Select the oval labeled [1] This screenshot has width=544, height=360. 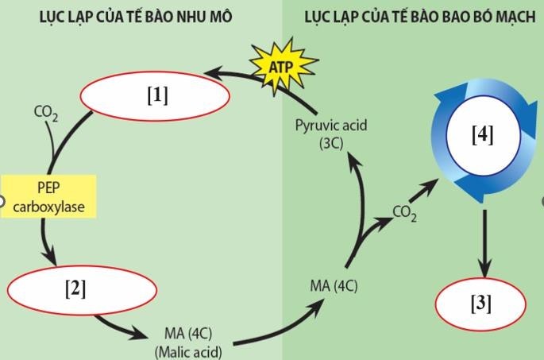click(x=156, y=95)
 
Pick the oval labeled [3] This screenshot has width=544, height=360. click(x=481, y=304)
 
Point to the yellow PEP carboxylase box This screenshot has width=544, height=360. click(x=48, y=198)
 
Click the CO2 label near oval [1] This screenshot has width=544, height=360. click(x=45, y=113)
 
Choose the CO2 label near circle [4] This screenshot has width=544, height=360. click(x=404, y=213)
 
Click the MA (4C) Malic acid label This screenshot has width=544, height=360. click(x=188, y=343)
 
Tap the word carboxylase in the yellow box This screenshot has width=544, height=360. click(x=48, y=208)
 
